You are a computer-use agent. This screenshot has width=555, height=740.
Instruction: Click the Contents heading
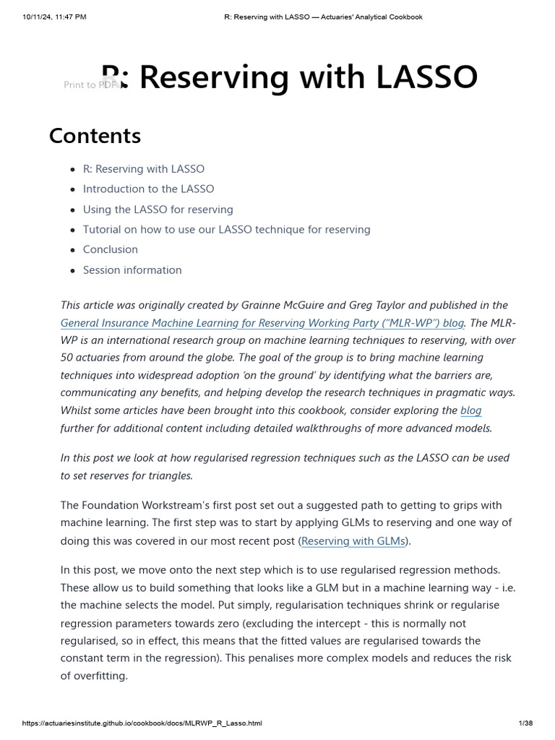point(95,136)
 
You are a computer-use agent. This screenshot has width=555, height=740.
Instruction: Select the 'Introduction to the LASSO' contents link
point(148,189)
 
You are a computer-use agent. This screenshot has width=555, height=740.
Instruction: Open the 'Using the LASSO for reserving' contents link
point(158,210)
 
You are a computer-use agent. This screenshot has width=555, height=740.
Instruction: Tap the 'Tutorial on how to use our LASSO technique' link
point(226,230)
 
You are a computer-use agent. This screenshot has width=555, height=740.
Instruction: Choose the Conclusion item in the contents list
point(110,250)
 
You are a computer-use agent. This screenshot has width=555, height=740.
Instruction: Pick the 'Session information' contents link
point(132,270)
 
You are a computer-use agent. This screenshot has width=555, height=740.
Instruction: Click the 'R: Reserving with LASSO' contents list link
point(143,169)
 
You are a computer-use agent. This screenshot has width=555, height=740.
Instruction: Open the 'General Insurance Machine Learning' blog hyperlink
point(262,323)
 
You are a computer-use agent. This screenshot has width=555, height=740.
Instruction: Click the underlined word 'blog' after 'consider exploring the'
point(470,410)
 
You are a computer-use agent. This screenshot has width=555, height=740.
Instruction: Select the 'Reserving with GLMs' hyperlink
point(353,541)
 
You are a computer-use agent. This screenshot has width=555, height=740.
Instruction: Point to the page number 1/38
point(525,723)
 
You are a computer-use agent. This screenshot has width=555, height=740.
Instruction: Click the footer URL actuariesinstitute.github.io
point(142,723)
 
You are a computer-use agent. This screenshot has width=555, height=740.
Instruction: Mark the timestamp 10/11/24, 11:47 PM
point(54,17)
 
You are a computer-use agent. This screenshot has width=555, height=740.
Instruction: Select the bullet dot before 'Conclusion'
point(72,250)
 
